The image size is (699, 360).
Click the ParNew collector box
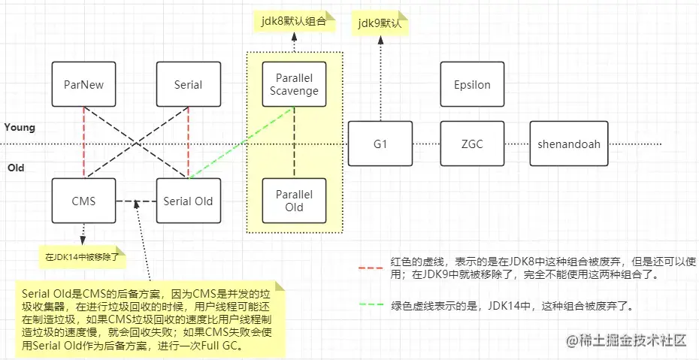(83, 84)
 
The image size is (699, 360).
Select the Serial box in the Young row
(188, 84)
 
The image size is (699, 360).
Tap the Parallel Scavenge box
(294, 84)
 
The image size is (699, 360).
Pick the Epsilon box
(472, 84)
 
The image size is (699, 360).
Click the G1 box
(380, 143)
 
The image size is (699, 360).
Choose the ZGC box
(472, 143)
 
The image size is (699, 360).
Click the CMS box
(83, 201)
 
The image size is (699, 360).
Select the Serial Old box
(188, 201)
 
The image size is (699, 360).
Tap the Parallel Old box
(294, 201)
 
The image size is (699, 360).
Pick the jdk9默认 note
(380, 23)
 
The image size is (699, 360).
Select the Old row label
(15, 168)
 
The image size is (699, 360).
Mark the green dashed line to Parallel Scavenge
(241, 144)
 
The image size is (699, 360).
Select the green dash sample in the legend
(371, 306)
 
